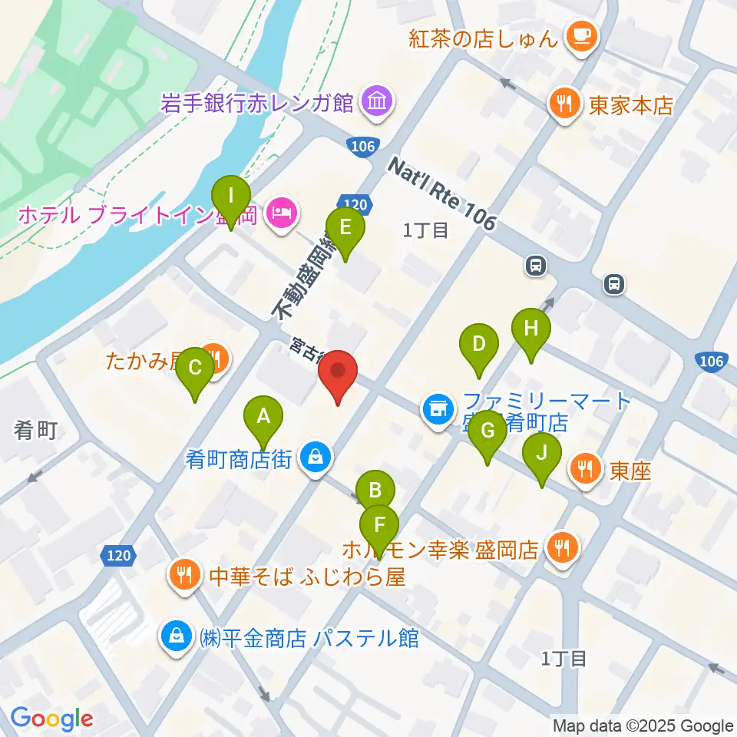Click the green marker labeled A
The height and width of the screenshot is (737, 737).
click(263, 418)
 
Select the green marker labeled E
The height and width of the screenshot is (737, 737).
click(345, 228)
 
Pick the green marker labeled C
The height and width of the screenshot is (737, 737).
click(195, 368)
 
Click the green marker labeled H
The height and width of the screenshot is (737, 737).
click(531, 329)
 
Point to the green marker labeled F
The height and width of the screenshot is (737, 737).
click(380, 527)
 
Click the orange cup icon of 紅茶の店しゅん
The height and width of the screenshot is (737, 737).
click(579, 35)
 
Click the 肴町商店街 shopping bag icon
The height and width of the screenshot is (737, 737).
click(316, 459)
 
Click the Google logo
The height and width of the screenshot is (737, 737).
click(51, 719)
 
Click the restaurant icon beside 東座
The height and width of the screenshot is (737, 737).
click(587, 470)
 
